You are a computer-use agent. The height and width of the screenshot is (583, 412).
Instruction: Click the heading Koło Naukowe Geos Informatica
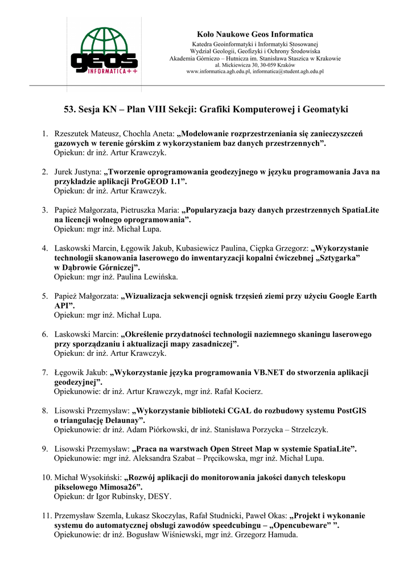[x=254, y=35]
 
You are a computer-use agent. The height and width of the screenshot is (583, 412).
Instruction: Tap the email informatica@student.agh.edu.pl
[x=289, y=72]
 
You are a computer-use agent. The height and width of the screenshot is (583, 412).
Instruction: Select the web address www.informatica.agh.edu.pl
[x=218, y=72]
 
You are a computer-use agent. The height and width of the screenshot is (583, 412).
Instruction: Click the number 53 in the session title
[x=69, y=109]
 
